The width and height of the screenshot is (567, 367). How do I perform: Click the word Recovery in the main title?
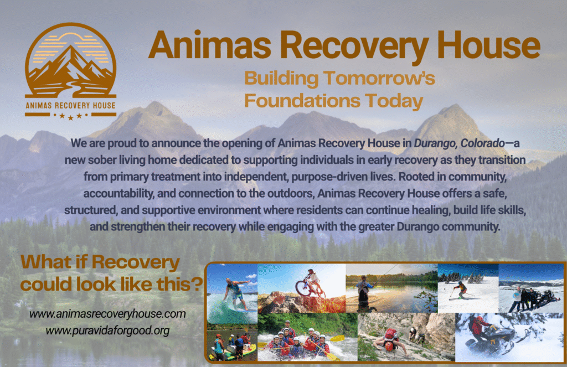355,46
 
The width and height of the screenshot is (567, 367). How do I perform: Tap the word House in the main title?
489,45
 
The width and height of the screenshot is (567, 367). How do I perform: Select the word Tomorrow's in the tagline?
379,78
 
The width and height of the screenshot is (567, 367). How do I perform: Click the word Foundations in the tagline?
302,101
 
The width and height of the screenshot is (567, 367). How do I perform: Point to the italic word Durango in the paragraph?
435,143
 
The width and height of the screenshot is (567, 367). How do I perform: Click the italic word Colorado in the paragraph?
482,143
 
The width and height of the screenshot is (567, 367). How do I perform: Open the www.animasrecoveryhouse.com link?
107,314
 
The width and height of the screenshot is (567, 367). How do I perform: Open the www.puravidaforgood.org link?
107,331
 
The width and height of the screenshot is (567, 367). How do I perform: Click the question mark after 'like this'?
197,284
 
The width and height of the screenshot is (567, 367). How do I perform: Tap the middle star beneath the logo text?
70,117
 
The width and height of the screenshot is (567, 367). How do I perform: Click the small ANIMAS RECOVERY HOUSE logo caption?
70,106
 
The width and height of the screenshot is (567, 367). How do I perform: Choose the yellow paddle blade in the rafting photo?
337,339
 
